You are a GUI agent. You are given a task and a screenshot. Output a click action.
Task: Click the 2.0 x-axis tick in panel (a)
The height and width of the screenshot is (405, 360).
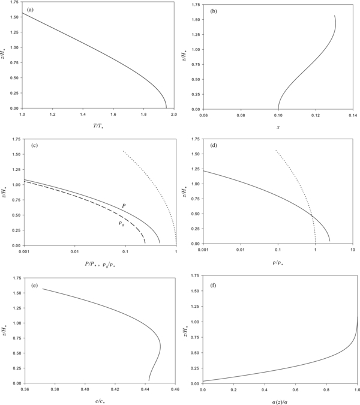point(174,113)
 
